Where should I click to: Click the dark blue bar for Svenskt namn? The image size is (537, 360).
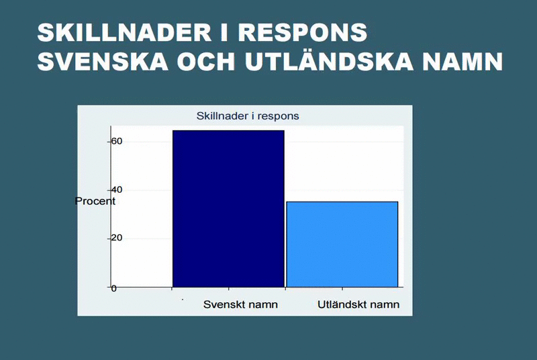228,209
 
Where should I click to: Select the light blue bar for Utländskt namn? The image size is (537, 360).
342,244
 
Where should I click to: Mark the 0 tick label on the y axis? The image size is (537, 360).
113,288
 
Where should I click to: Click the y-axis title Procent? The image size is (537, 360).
95,201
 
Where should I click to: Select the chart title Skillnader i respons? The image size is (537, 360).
248,116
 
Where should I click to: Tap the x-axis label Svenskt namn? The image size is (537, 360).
240,304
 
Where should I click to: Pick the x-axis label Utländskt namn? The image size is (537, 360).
358,304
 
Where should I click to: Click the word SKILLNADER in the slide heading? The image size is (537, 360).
124,32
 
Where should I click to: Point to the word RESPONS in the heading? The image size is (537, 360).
303,32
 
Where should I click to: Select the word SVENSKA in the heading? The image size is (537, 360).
103,62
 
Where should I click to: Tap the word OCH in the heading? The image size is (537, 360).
206,62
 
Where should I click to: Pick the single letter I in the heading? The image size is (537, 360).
225,32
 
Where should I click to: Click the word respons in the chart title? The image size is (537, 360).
278,117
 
